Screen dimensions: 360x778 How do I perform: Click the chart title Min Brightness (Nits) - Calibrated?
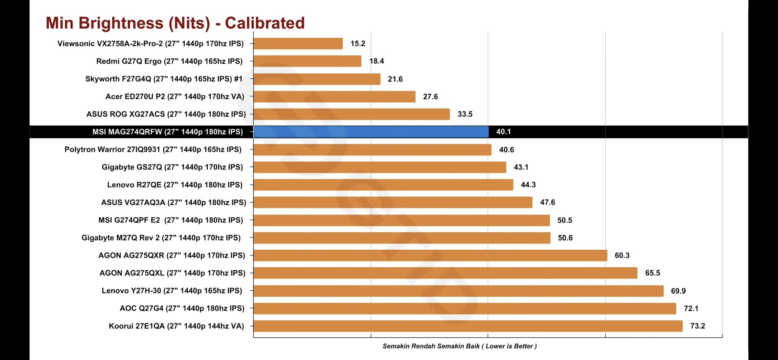(x=175, y=23)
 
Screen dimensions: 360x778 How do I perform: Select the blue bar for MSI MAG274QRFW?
(x=371, y=132)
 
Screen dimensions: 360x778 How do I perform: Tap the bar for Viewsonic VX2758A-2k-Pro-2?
(x=298, y=43)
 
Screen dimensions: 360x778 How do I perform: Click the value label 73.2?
(x=697, y=326)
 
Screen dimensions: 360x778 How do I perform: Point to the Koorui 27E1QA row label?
(x=176, y=326)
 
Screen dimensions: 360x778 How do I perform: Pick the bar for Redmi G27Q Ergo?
(x=307, y=61)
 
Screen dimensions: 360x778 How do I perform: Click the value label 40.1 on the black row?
(x=503, y=132)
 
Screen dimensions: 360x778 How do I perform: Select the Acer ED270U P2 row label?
(x=175, y=96)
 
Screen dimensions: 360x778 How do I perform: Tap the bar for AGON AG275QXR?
(x=430, y=255)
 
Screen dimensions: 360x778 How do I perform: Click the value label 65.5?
(x=652, y=273)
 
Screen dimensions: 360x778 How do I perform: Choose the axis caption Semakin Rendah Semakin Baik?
(x=460, y=346)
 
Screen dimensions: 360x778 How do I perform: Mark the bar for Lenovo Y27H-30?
(x=458, y=291)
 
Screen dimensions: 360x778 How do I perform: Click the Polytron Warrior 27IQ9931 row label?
(x=153, y=150)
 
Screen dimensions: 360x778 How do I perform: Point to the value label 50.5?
(x=564, y=220)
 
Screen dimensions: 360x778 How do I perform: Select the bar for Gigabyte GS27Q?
(x=380, y=167)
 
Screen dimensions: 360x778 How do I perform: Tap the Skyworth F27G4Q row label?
(x=164, y=79)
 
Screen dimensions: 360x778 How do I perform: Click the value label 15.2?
(x=358, y=43)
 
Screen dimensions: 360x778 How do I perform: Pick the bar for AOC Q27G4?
(x=464, y=309)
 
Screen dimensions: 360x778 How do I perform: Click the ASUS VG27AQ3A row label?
(x=173, y=202)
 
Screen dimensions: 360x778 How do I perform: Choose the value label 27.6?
(x=430, y=96)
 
